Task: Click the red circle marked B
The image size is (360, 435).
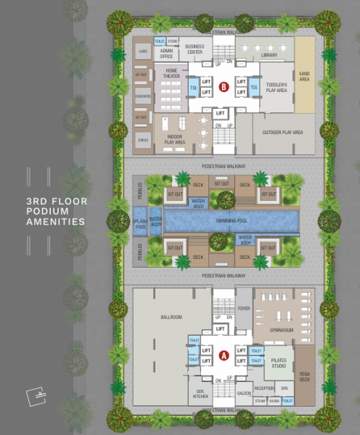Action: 224,88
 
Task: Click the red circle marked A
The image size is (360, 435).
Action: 224,355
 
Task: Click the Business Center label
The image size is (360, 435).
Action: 195,49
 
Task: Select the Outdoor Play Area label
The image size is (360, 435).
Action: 283,133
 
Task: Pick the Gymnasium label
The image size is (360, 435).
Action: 281,330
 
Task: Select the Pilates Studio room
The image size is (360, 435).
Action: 279,364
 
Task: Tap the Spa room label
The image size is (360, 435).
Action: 285,388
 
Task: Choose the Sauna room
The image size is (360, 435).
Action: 274,400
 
